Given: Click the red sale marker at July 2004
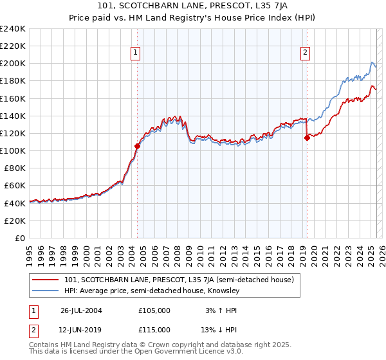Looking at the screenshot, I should point(137,147).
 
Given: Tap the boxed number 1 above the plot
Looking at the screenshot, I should point(136,53).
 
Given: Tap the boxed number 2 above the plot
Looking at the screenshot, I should point(304,53).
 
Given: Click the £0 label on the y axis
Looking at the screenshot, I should point(19,238).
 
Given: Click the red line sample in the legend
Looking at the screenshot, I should point(46,280).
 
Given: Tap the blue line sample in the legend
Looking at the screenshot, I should point(46,291).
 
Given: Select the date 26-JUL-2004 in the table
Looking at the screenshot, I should point(81,310).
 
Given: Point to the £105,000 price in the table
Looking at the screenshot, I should point(154,310).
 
